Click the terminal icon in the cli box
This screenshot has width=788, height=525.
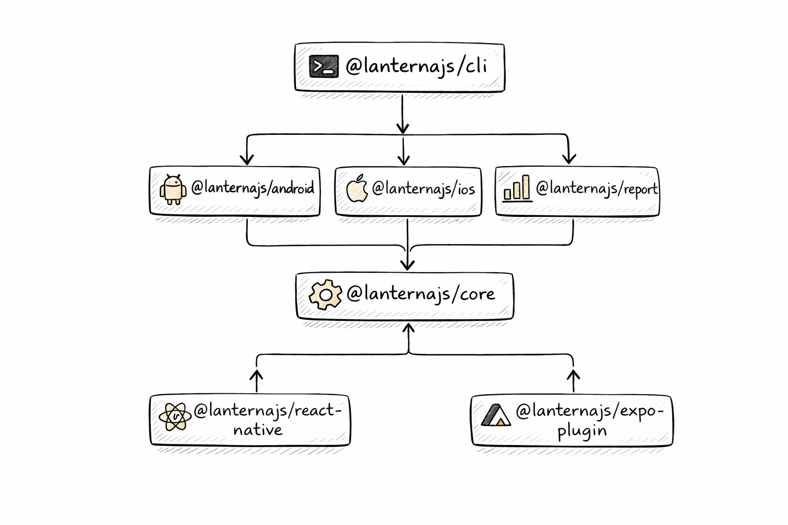pyautogui.click(x=324, y=67)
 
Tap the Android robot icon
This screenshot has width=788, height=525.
pyautogui.click(x=173, y=190)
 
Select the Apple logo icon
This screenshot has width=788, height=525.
pyautogui.click(x=357, y=189)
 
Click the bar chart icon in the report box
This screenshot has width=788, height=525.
pyautogui.click(x=517, y=188)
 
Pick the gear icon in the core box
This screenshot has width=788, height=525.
pyautogui.click(x=325, y=294)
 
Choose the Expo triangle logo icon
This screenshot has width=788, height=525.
pyautogui.click(x=496, y=415)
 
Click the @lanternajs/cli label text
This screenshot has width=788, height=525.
pyautogui.click(x=416, y=67)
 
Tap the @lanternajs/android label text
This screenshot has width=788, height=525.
pyautogui.click(x=252, y=188)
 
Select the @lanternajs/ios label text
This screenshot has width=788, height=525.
pyautogui.click(x=423, y=189)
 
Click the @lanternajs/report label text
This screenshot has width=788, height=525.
pyautogui.click(x=596, y=189)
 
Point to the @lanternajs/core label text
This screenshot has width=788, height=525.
pyautogui.click(x=421, y=294)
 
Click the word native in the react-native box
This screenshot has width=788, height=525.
pyautogui.click(x=258, y=430)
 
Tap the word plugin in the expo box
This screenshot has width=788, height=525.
pyautogui.click(x=582, y=430)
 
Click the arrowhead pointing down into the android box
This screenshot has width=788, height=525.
pyautogui.click(x=247, y=159)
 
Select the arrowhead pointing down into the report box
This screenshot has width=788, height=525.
pyautogui.click(x=568, y=159)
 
